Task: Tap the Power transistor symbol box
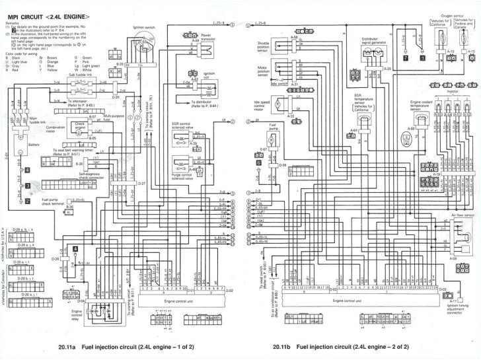pyautogui.click(x=198, y=46)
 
